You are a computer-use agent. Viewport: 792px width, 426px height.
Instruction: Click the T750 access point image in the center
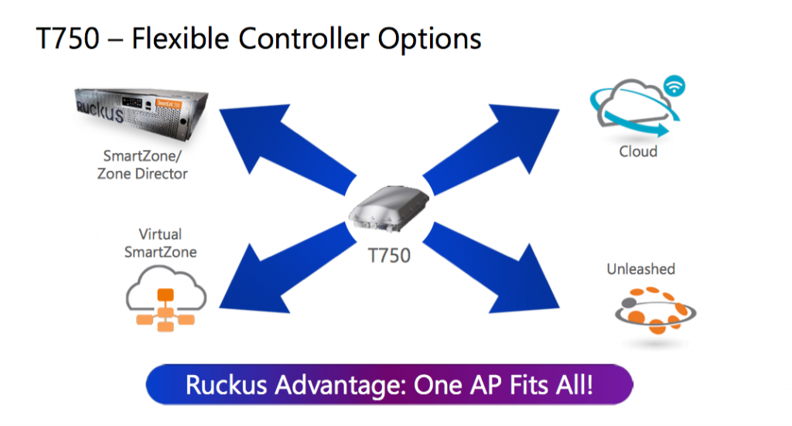(x=389, y=209)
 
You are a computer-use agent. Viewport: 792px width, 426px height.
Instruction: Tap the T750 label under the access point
(x=389, y=255)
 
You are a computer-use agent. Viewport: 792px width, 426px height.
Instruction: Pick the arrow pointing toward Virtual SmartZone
(x=288, y=268)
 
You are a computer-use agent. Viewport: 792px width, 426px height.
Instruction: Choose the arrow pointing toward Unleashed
(x=490, y=268)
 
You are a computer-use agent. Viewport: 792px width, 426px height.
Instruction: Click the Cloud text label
(x=638, y=152)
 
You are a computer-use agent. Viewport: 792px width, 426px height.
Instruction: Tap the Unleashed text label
(x=640, y=269)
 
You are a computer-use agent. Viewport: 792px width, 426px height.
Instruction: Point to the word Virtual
(x=160, y=234)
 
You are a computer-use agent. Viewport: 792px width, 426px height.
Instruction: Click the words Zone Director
(x=142, y=174)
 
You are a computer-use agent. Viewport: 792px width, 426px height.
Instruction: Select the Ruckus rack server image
(x=141, y=114)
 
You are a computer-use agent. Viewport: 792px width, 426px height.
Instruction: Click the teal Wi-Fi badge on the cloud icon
(x=674, y=85)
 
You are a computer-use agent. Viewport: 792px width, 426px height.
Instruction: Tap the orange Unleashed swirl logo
(x=656, y=310)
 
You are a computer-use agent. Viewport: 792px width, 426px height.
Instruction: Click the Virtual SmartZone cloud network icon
(x=166, y=298)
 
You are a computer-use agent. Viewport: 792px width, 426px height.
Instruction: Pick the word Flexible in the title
(x=180, y=39)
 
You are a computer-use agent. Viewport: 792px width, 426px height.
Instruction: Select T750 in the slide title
(x=68, y=39)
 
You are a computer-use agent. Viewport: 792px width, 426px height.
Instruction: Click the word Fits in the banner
(x=529, y=385)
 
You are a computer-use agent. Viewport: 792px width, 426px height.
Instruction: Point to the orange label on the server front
(x=168, y=104)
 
